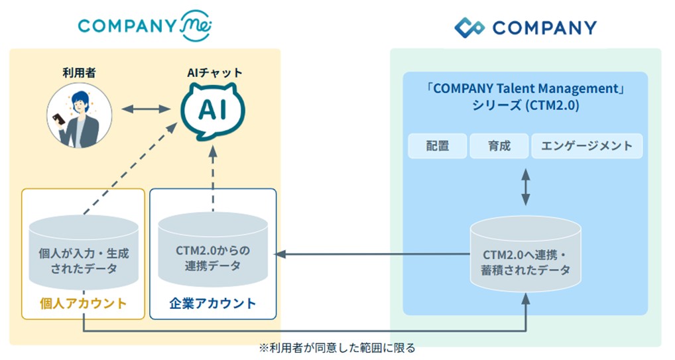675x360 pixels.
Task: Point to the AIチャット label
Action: pos(212,72)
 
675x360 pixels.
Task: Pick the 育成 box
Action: pos(499,146)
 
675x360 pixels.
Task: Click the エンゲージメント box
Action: pos(587,146)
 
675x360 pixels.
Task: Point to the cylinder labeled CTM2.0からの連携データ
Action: pos(212,252)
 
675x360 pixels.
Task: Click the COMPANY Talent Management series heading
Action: pos(526,97)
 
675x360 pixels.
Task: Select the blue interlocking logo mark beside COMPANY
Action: pos(469,28)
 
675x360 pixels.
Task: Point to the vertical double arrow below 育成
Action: pos(526,187)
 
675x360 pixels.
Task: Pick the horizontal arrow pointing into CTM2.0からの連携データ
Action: pos(371,254)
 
